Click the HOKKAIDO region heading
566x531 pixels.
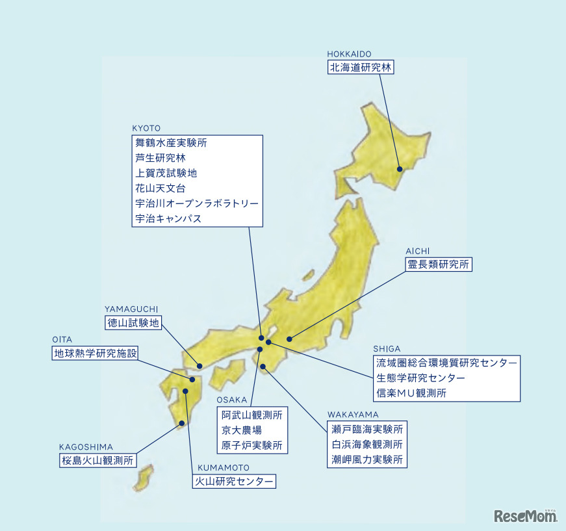pos(349,54)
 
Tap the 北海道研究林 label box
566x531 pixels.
pos(361,68)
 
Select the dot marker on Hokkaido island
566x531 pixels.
pos(400,170)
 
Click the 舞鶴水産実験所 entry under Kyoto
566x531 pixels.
pos(172,142)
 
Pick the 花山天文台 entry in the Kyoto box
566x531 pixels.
pos(161,188)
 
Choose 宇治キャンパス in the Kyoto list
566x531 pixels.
pos(168,219)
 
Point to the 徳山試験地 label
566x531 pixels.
pos(133,322)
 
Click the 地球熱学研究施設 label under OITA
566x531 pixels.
pos(96,354)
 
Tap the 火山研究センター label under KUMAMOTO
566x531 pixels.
pos(235,482)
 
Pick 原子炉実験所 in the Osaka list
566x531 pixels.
pos(252,446)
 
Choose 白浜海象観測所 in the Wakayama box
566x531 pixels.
pos(367,445)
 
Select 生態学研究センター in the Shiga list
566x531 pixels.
pos(420,378)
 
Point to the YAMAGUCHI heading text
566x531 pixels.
pos(131,309)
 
